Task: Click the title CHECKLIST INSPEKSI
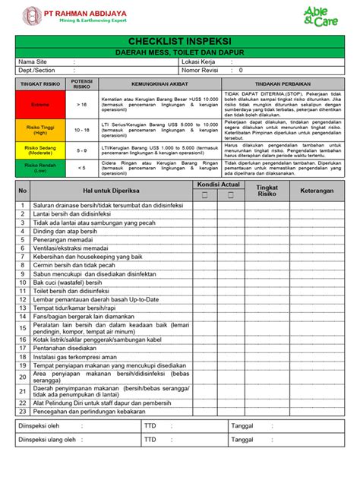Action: coord(180,39)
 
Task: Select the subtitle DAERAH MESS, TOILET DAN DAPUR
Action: coord(180,51)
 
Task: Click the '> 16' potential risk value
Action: coord(81,104)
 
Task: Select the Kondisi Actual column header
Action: coord(218,185)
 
